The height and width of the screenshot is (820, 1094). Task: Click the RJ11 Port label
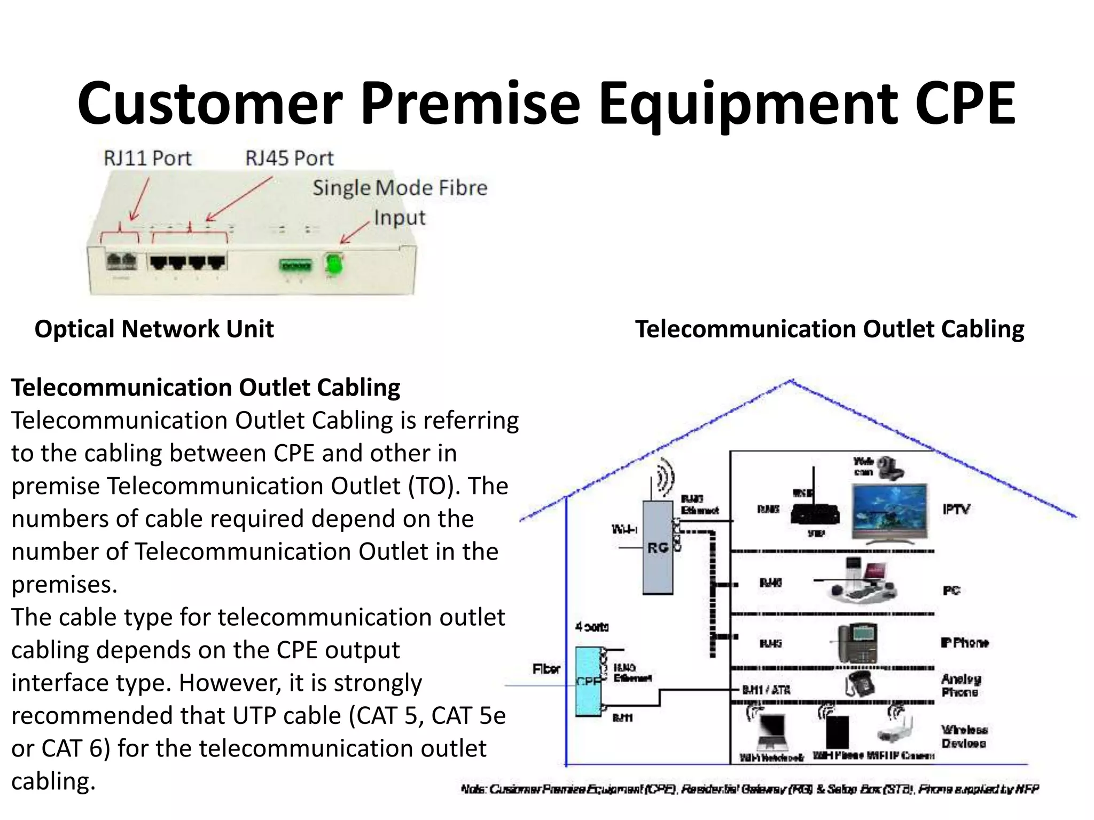[147, 158]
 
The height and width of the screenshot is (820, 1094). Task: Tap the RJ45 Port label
[289, 158]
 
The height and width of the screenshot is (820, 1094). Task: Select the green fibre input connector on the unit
[334, 264]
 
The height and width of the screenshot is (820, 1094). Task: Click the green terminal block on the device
[295, 265]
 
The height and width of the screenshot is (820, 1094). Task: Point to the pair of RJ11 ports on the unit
[122, 261]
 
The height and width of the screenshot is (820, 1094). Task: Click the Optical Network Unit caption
[154, 329]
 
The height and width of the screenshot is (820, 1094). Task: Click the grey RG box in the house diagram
[658, 548]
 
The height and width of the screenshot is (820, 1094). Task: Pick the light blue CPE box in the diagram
[588, 681]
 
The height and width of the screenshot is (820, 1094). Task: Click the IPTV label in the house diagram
[956, 509]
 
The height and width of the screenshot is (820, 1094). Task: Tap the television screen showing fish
[889, 511]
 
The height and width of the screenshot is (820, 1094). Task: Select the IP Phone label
[964, 643]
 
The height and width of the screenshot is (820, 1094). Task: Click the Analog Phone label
[960, 685]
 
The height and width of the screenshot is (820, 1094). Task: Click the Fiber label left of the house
[546, 669]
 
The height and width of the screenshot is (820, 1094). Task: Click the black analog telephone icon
[859, 684]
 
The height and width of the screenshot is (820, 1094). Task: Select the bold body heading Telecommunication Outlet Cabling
[206, 388]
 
